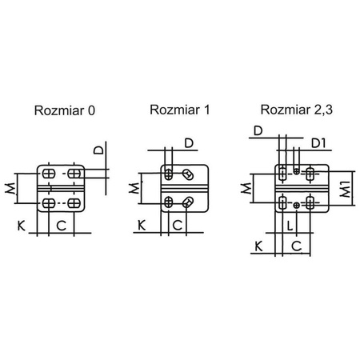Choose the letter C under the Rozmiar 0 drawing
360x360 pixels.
(x=62, y=226)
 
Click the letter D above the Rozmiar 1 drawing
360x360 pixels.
(x=189, y=143)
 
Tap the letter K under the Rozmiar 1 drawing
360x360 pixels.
(x=141, y=226)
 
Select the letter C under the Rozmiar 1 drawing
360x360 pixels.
(x=177, y=226)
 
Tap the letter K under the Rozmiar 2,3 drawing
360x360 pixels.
(x=258, y=246)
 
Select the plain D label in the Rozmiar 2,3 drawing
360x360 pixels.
(x=258, y=130)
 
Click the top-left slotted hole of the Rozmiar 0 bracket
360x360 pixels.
(x=49, y=174)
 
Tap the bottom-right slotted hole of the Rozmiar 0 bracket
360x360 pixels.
(x=74, y=204)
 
